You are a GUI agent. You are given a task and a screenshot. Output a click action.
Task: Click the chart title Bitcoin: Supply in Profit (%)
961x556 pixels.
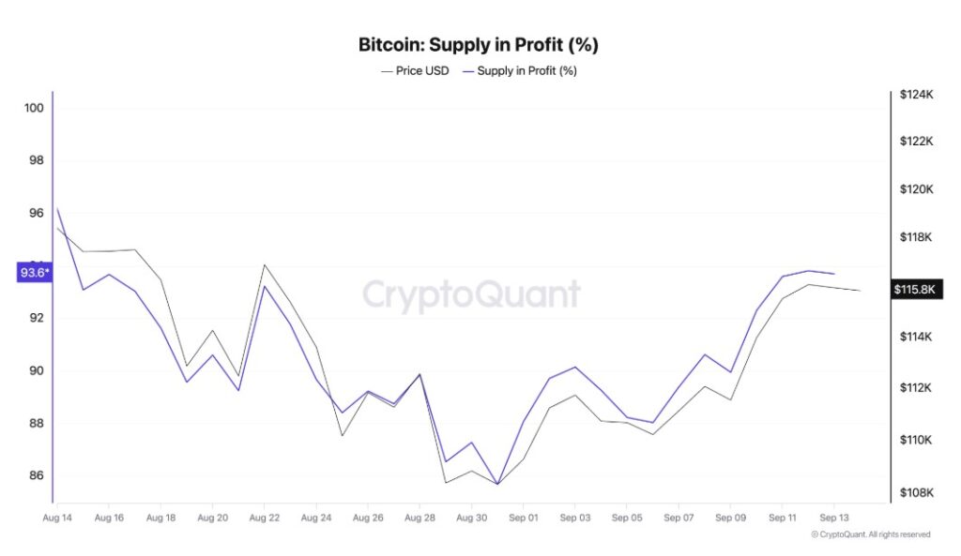point(478,44)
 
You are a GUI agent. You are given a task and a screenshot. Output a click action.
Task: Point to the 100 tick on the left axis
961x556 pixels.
point(34,108)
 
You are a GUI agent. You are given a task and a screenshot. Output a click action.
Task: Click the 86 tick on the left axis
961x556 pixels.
point(37,475)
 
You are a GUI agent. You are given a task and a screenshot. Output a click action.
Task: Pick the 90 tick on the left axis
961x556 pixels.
point(37,370)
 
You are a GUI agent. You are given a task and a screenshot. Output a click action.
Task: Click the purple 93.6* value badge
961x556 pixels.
point(35,273)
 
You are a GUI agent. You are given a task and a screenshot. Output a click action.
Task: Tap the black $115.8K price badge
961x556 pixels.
point(916,290)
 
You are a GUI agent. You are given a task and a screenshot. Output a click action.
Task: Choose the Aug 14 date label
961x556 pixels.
point(57,517)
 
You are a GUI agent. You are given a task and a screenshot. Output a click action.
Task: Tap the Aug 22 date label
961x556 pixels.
point(265,517)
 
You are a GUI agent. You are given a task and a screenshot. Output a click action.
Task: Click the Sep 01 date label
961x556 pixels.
point(523,517)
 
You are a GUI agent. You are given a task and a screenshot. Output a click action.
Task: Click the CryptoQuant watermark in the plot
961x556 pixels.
point(471,294)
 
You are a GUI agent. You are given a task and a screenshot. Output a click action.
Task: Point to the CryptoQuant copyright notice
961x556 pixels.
point(870,534)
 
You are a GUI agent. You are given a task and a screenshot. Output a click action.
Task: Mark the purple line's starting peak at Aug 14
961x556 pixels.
point(57,208)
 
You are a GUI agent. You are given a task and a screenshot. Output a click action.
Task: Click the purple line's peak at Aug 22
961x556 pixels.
point(265,286)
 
